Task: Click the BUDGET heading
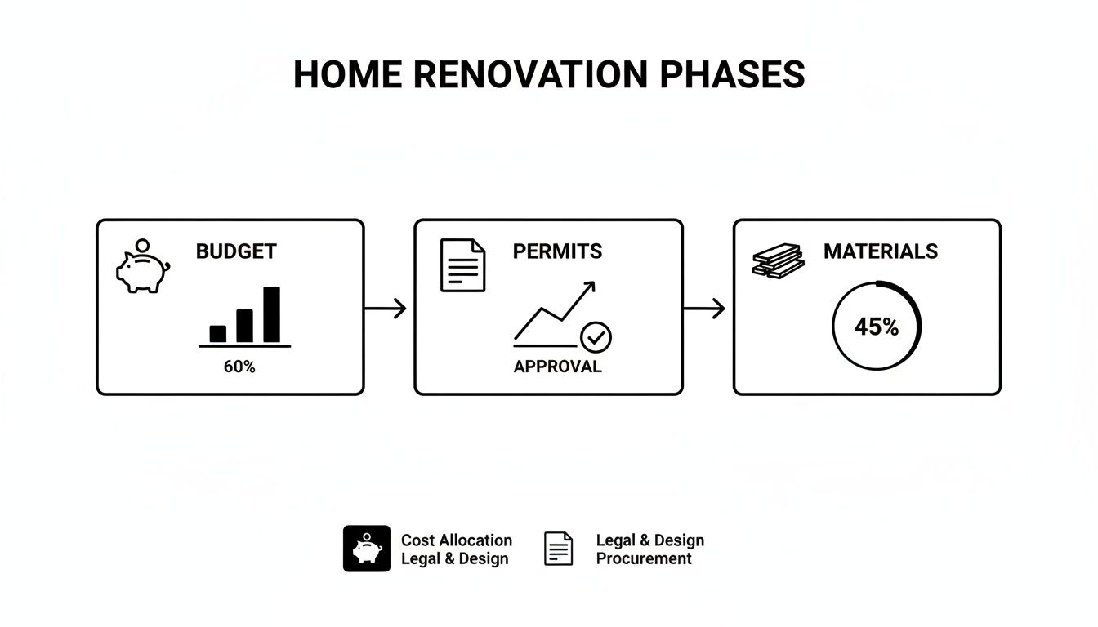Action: click(x=236, y=251)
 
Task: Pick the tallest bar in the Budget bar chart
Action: click(x=271, y=314)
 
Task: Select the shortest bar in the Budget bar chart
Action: click(x=218, y=333)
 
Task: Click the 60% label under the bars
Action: click(x=239, y=367)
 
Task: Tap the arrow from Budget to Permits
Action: click(x=385, y=309)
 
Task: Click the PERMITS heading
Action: click(x=557, y=251)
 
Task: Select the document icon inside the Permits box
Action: click(x=462, y=265)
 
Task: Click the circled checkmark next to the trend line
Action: click(x=596, y=336)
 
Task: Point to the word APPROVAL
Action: click(x=557, y=367)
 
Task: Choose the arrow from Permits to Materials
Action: click(x=703, y=309)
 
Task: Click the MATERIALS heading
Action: click(x=880, y=251)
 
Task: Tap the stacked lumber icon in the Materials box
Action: click(x=777, y=260)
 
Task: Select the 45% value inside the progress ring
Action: click(x=876, y=327)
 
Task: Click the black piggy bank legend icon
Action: click(x=367, y=548)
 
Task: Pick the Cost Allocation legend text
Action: click(x=456, y=540)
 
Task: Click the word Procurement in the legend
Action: click(x=644, y=558)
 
